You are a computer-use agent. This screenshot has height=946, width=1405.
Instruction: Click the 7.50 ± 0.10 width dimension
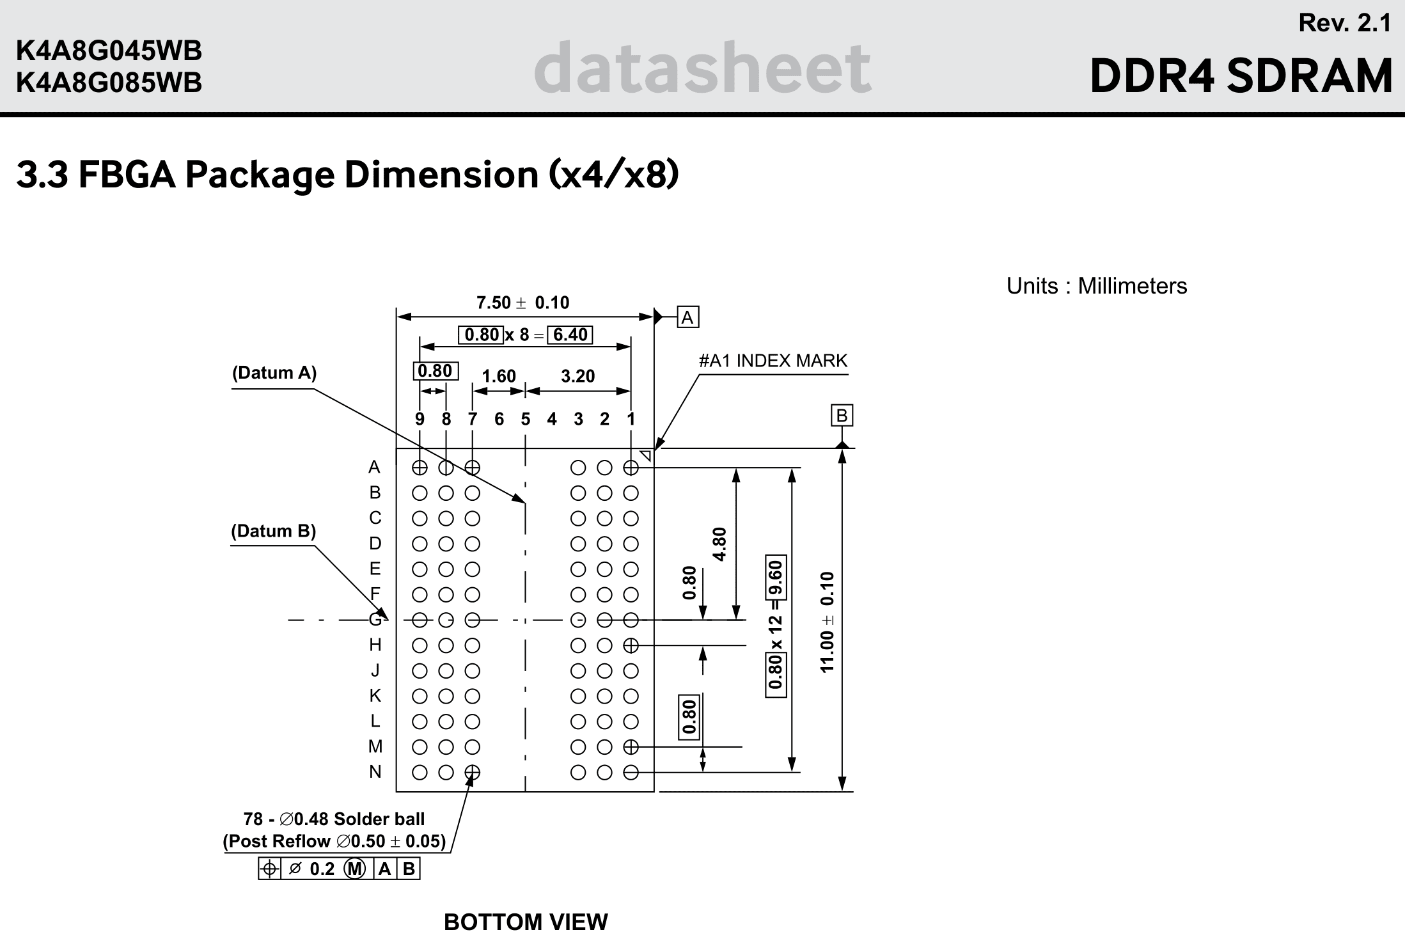(x=522, y=303)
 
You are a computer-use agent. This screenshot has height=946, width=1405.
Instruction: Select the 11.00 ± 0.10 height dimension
(x=828, y=622)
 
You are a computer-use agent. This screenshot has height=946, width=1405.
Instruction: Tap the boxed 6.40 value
(x=570, y=335)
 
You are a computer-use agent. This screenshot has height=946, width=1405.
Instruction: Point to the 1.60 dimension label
(x=498, y=376)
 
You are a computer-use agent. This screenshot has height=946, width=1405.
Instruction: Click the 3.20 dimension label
(x=577, y=376)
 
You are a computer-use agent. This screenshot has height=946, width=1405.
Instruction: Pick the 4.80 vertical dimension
(x=720, y=544)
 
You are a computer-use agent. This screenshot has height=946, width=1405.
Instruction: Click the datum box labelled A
(x=687, y=317)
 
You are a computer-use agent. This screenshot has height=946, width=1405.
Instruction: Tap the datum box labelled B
(x=842, y=416)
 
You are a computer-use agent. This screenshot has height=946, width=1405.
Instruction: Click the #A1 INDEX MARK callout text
(x=773, y=361)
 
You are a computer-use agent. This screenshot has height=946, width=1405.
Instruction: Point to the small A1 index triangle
(x=646, y=456)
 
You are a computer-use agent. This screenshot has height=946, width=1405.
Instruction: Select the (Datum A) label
(x=274, y=372)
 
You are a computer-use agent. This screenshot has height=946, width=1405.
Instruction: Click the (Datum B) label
(x=273, y=531)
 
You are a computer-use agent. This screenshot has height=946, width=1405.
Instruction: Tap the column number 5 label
(x=525, y=420)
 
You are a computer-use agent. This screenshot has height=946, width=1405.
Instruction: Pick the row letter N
(x=375, y=772)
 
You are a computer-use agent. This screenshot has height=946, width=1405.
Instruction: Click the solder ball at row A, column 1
(x=631, y=468)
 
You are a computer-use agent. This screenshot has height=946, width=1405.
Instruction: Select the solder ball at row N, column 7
(x=472, y=773)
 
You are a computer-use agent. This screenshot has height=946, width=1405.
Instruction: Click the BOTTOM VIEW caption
(x=526, y=922)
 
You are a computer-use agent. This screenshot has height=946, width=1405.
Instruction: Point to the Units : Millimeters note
(x=1096, y=286)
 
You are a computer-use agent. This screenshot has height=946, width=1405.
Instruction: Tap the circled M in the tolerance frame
(x=355, y=869)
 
